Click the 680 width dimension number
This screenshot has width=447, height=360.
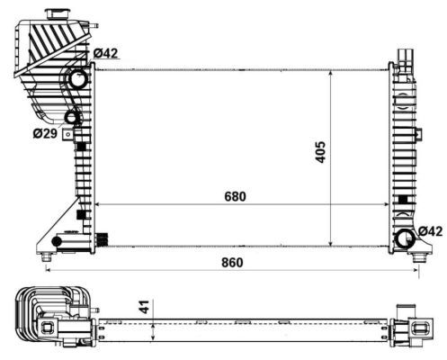(x=234, y=195)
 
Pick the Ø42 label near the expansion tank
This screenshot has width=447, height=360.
(x=107, y=53)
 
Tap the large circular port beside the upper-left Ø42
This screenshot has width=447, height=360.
(x=76, y=81)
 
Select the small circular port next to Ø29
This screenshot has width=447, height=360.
(x=72, y=117)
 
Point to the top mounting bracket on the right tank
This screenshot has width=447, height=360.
(x=404, y=57)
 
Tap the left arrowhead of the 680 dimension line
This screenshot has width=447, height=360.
(x=98, y=204)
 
